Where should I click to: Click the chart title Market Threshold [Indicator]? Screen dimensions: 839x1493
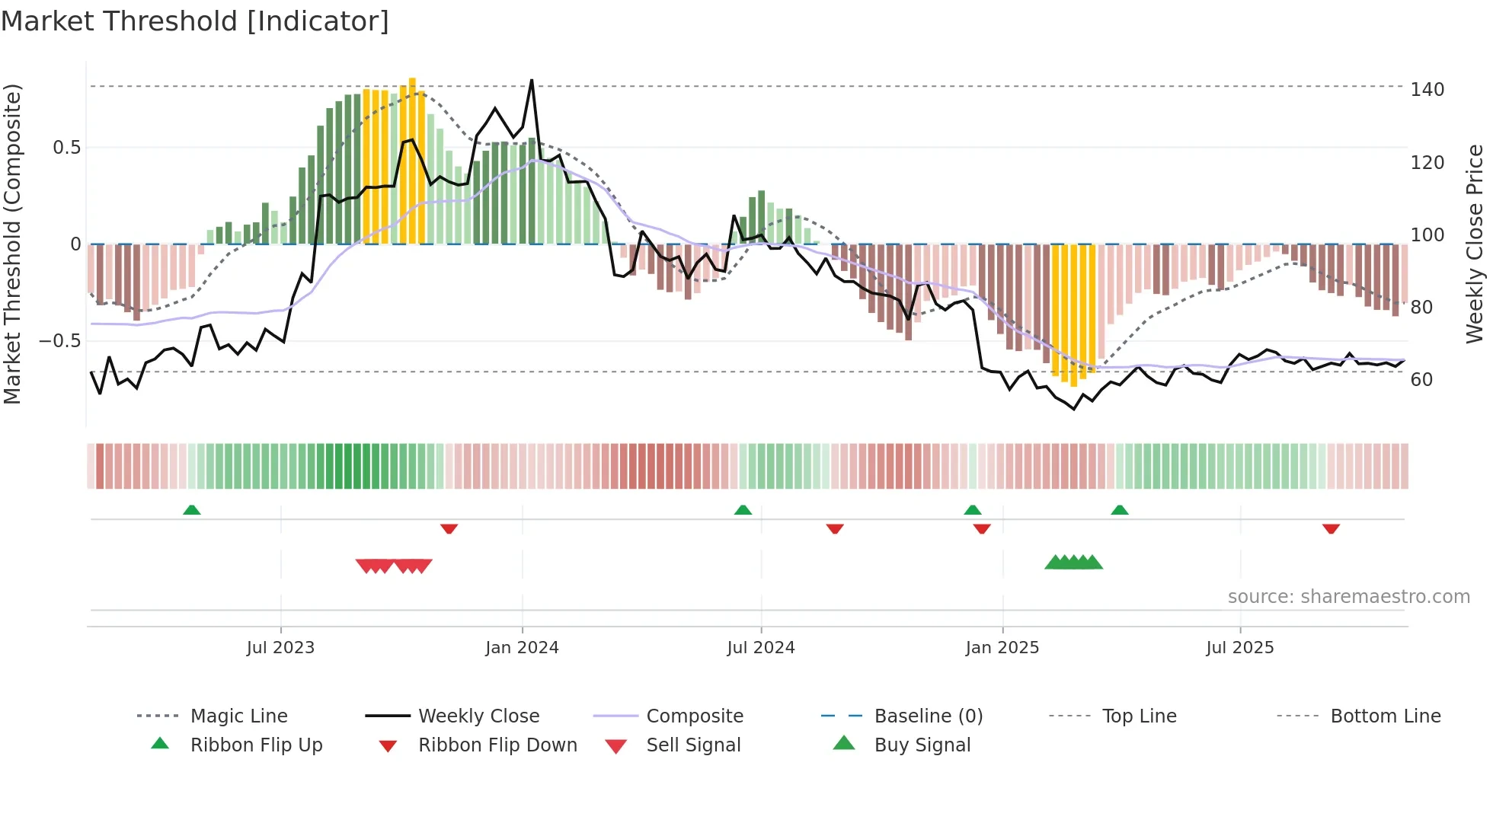pyautogui.click(x=195, y=21)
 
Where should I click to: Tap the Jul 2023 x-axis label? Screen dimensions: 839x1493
pyautogui.click(x=280, y=648)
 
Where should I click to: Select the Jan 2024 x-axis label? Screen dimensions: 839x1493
pyautogui.click(x=522, y=648)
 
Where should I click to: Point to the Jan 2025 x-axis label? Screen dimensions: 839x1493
pyautogui.click(x=1002, y=648)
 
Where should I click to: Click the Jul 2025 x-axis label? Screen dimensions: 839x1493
pyautogui.click(x=1239, y=648)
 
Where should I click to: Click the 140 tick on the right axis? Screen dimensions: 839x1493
pyautogui.click(x=1427, y=90)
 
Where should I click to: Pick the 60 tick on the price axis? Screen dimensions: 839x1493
pyautogui.click(x=1421, y=380)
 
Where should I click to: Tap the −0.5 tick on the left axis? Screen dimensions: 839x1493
pyautogui.click(x=60, y=341)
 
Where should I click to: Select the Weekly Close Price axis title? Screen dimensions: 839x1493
pyautogui.click(x=1475, y=244)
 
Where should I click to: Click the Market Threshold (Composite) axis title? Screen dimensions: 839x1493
pyautogui.click(x=12, y=244)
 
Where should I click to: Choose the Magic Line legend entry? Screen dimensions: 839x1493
pyautogui.click(x=238, y=716)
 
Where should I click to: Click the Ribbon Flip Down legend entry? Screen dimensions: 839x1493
pyautogui.click(x=497, y=745)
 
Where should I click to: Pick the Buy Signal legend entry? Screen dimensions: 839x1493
pyautogui.click(x=922, y=745)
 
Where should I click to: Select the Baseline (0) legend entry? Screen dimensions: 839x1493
pyautogui.click(x=928, y=716)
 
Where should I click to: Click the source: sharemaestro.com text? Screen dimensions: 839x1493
pyautogui.click(x=1348, y=597)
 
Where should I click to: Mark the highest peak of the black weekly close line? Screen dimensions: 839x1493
pyautogui.click(x=532, y=80)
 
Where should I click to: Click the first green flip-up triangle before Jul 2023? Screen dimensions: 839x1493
pyautogui.click(x=192, y=510)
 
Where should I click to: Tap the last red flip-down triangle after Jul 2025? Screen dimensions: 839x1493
pyautogui.click(x=1331, y=528)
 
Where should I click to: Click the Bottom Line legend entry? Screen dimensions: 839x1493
pyautogui.click(x=1385, y=716)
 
